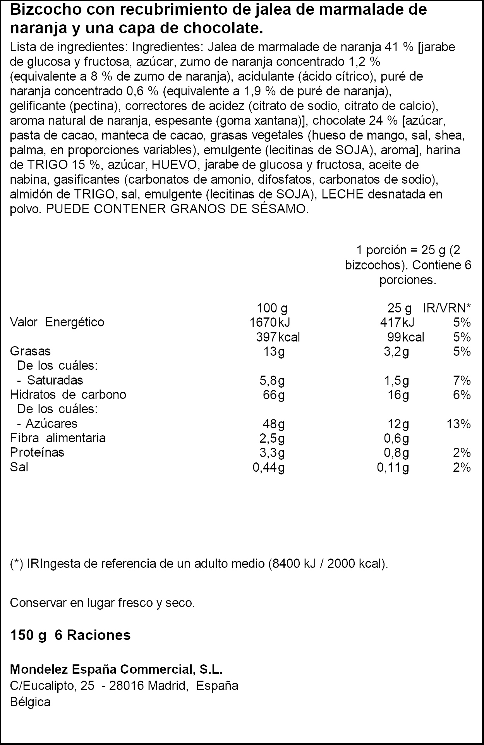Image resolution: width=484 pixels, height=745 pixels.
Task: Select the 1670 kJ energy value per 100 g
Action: click(x=270, y=322)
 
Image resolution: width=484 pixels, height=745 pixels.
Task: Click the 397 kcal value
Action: click(x=278, y=337)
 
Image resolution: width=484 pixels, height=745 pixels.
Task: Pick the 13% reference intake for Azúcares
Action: click(x=458, y=424)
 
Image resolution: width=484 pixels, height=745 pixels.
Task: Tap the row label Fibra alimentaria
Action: click(x=58, y=438)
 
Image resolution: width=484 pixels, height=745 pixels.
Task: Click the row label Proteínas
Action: click(x=37, y=452)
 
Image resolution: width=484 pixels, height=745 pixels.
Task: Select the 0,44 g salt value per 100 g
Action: click(x=268, y=468)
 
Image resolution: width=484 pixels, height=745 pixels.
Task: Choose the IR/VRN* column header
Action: click(x=447, y=309)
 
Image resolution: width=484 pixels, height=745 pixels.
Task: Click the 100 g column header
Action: click(x=272, y=309)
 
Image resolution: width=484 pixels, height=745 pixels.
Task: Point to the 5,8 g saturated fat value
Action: click(x=272, y=381)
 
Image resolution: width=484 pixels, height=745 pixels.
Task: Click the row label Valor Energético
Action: click(x=57, y=322)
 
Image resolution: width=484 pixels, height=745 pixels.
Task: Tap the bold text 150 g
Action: click(x=28, y=635)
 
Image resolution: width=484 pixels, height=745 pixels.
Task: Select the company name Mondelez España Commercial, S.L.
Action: click(x=116, y=669)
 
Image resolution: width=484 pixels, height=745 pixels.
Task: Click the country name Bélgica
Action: click(x=30, y=702)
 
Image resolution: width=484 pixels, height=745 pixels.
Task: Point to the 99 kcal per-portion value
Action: click(x=405, y=337)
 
